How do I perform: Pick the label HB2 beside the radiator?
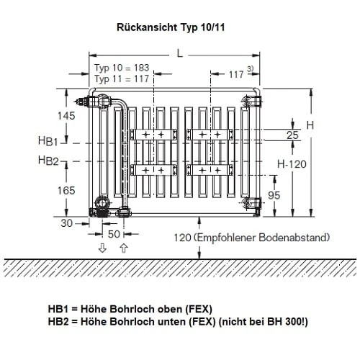pos(49,160)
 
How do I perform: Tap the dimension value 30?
pos(67,224)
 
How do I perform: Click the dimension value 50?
pos(114,235)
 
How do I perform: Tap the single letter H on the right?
pos(310,125)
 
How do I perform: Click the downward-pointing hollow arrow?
pos(103,248)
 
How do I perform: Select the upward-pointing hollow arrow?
pos(123,248)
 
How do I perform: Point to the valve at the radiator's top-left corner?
pos(93,99)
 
